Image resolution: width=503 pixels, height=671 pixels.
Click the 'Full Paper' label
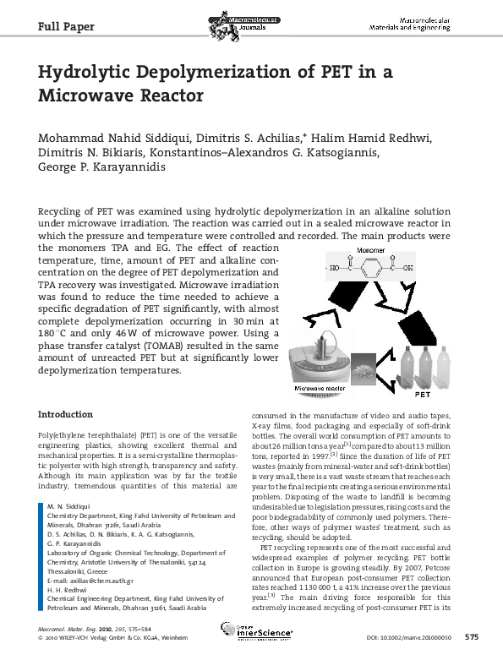pos(67,25)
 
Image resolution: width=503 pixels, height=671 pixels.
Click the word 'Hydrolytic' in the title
pos(92,72)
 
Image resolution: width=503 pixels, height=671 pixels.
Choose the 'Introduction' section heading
pos(66,414)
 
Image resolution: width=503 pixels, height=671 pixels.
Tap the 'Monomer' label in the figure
pos(370,251)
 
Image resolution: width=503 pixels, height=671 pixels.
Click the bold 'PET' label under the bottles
pos(423,394)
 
